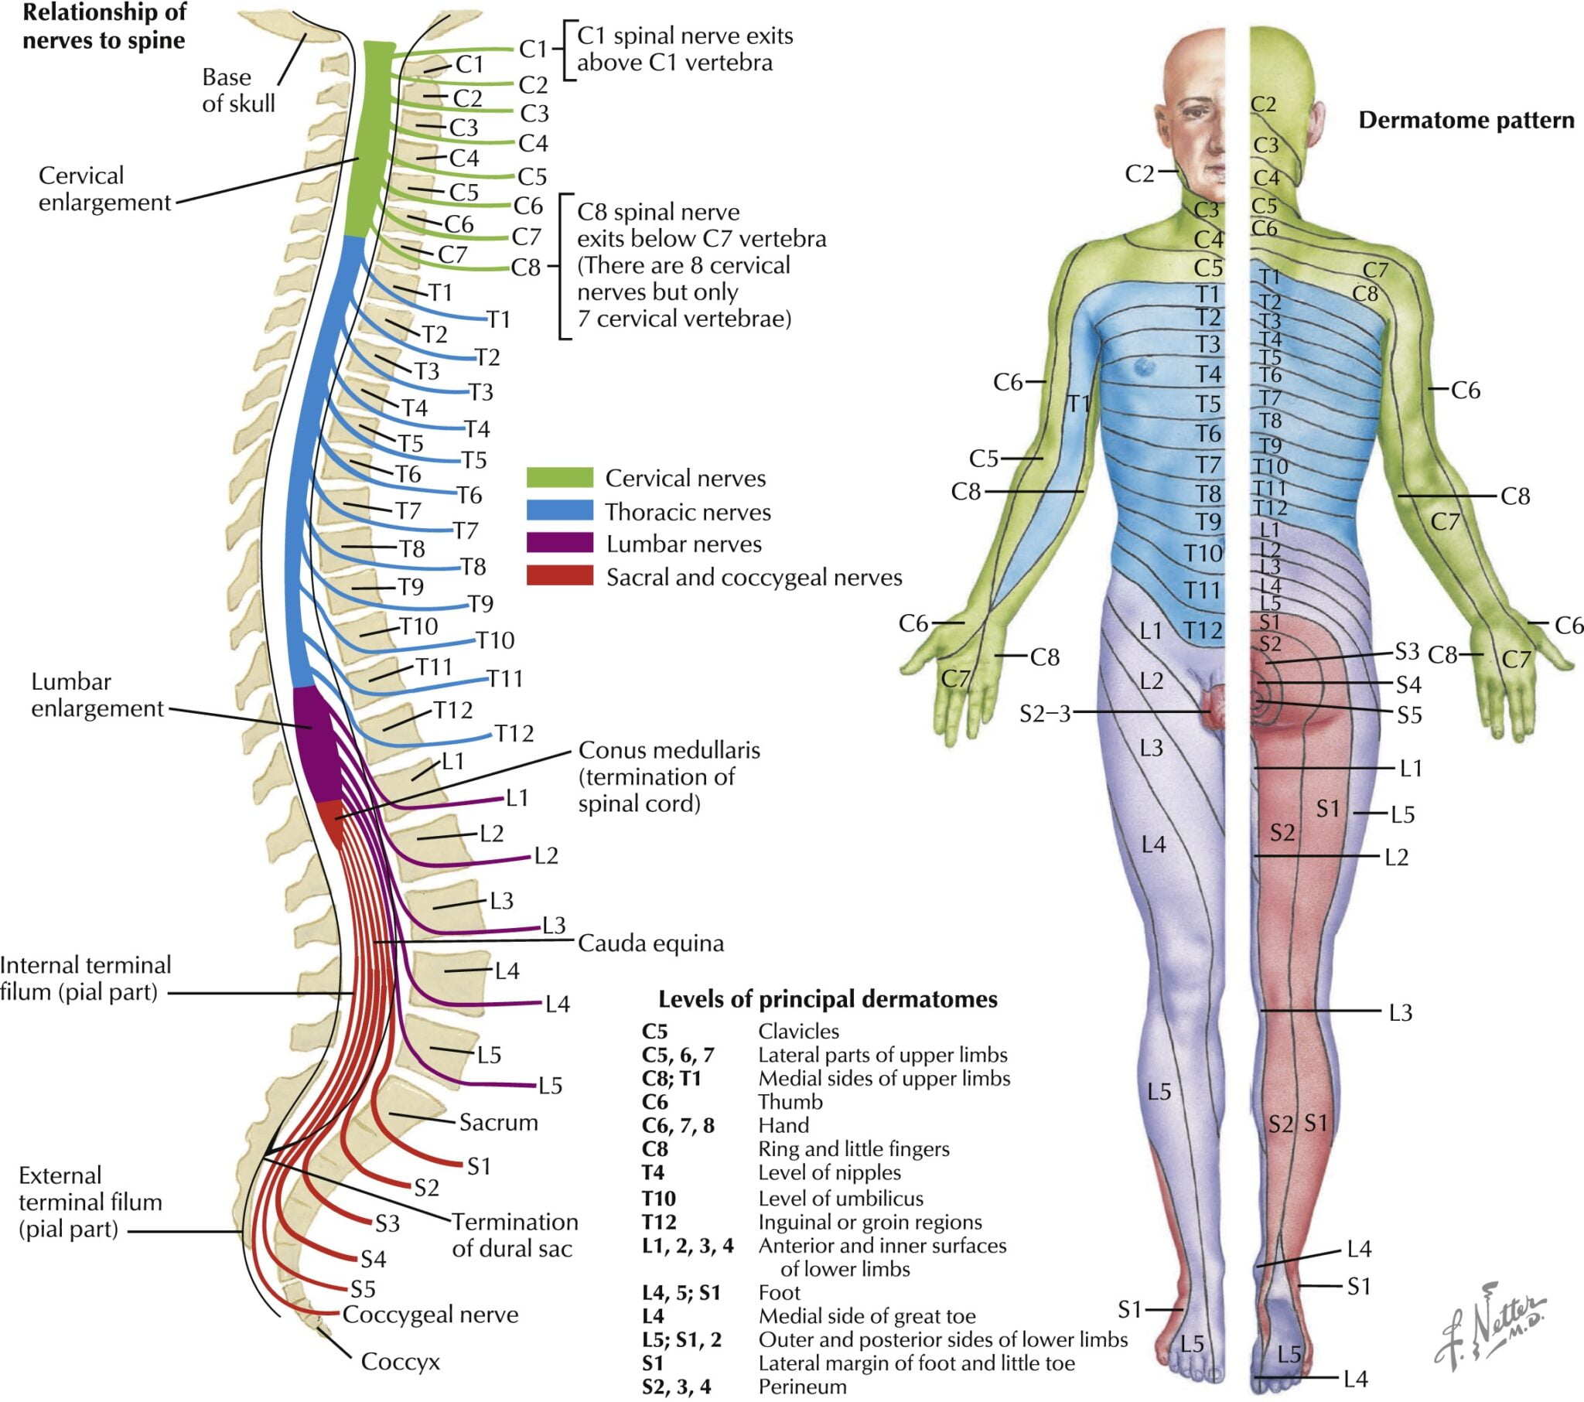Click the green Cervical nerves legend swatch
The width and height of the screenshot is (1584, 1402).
tap(559, 477)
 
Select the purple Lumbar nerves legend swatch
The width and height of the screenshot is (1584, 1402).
tap(559, 543)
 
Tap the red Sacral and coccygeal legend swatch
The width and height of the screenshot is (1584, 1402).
tap(559, 576)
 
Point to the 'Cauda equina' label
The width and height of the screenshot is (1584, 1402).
tap(650, 943)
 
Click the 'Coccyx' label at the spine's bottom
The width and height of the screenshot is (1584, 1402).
tap(400, 1361)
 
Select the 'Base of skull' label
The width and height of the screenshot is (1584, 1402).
tap(238, 90)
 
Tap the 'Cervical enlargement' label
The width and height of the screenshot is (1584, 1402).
tap(104, 189)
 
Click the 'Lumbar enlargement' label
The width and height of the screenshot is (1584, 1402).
tap(97, 694)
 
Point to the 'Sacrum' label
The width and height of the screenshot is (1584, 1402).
tap(498, 1122)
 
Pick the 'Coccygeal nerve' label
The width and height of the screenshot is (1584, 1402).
tap(430, 1315)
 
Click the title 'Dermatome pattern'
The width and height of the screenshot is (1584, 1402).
tap(1466, 120)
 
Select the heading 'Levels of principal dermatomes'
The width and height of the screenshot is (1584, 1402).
tap(828, 999)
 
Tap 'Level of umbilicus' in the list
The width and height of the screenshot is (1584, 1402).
tap(841, 1198)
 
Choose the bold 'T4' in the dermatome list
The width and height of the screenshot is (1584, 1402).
tap(654, 1172)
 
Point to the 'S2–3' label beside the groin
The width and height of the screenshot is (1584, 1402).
tap(1044, 714)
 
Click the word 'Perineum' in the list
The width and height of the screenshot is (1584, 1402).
tap(802, 1387)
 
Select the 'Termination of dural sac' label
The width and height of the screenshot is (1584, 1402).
tap(514, 1235)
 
